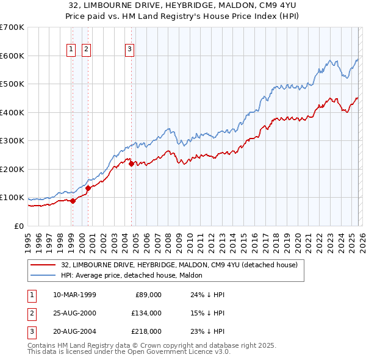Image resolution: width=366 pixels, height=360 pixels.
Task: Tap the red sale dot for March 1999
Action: pyautogui.click(x=73, y=200)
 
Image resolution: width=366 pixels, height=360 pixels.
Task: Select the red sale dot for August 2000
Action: pyautogui.click(x=88, y=188)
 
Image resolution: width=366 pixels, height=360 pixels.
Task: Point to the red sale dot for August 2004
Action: pyautogui.click(x=131, y=163)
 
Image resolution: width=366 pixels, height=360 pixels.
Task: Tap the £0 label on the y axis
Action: pyautogui.click(x=18, y=226)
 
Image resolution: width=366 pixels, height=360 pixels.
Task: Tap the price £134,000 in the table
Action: pyautogui.click(x=146, y=313)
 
